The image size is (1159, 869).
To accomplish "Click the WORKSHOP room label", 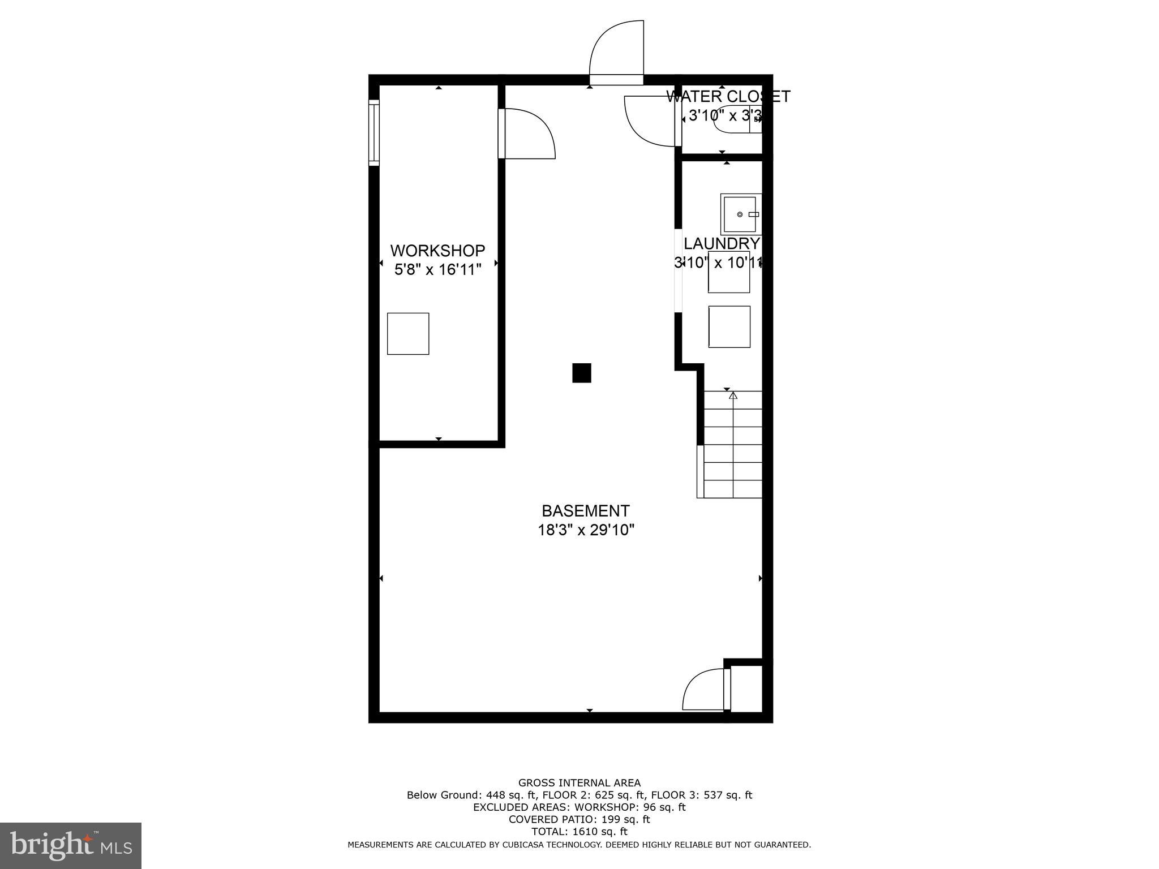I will point(437,250).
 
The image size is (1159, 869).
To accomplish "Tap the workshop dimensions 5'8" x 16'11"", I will point(437,269).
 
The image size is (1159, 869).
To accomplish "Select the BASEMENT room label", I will point(585,511).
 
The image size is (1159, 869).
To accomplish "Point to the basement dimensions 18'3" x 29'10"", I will point(585,530).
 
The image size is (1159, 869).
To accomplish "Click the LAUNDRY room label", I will point(722,243).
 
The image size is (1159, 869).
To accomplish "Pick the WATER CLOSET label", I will point(728,96).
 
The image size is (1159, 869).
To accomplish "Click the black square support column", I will point(581,373).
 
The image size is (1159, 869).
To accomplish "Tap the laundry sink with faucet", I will point(740,214).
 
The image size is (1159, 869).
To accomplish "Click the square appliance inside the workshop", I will point(407,333).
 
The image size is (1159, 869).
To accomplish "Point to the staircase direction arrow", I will point(733,395).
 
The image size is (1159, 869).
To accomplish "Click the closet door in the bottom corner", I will point(705,690).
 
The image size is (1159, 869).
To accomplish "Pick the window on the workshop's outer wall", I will point(374,132).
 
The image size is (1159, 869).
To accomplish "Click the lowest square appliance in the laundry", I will point(729,326).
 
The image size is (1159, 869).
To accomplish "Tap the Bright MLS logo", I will point(71,845).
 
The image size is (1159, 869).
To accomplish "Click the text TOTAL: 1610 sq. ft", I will point(579,832).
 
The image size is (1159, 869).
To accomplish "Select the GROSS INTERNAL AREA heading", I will point(579,783).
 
